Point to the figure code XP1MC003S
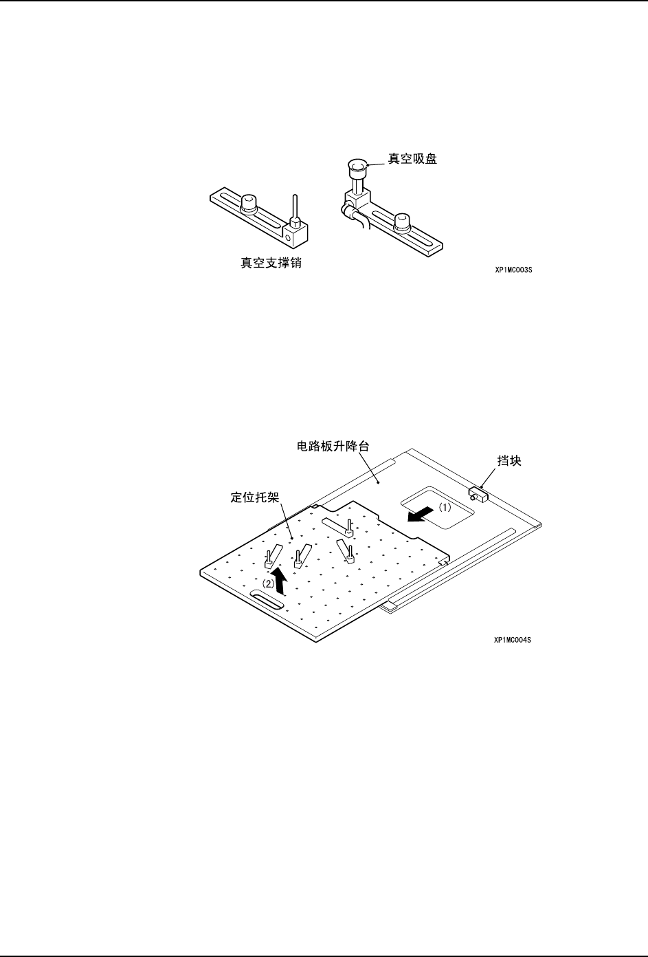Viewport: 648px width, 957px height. click(x=513, y=270)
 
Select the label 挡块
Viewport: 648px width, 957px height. click(x=509, y=461)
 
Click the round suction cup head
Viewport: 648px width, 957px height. click(x=357, y=166)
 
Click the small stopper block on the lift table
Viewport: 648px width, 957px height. click(x=478, y=493)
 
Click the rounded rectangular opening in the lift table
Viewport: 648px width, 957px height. click(x=438, y=508)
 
